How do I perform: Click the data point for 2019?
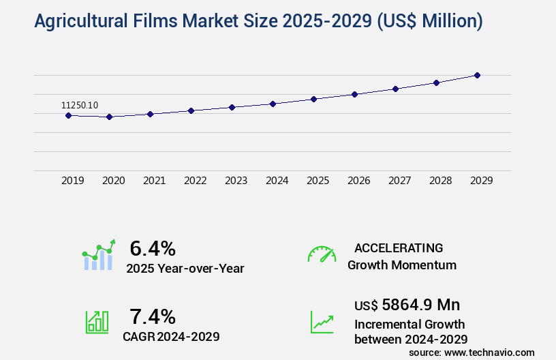coord(68,115)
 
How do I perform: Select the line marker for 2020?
coord(109,117)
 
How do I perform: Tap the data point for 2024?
coord(273,104)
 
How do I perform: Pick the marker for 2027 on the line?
coord(395,89)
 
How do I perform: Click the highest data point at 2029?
coord(477,75)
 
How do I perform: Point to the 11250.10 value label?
coord(80,105)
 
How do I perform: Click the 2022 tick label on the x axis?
coord(196,181)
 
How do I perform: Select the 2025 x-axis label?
coord(318,181)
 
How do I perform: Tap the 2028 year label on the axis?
coord(441,181)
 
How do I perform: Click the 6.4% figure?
coord(153,248)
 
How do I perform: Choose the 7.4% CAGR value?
coord(153,316)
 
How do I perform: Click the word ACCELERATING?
coord(399,248)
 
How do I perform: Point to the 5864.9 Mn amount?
coord(420,305)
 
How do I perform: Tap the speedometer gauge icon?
coord(322,254)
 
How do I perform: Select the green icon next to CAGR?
coord(97,322)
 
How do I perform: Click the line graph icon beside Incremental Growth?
coord(322,322)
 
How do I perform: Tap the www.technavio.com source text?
coord(490,352)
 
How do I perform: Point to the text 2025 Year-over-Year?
coord(185,269)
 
